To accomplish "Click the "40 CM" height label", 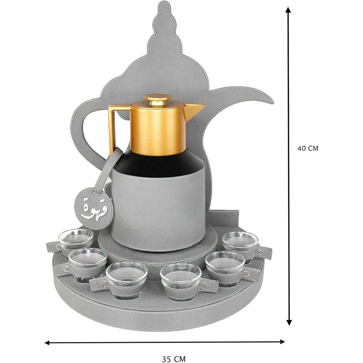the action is point(308,148).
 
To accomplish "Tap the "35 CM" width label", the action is point(174,359).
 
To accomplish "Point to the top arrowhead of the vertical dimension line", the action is point(288,10).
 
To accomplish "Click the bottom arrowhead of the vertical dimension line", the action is point(289,322).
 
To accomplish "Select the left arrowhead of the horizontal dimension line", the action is point(48,342).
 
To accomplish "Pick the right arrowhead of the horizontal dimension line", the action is point(282,342).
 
